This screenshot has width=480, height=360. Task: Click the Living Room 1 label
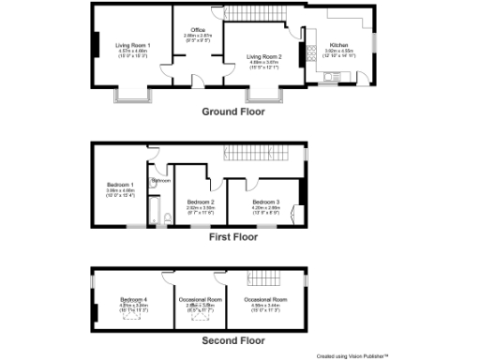[x=132, y=45]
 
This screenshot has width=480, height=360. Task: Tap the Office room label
[x=198, y=31]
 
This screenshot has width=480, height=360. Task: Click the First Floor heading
[x=233, y=237]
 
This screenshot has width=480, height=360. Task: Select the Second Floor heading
[x=233, y=340]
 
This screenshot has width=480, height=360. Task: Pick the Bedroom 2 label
[x=201, y=202]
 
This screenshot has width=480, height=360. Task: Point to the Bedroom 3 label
[x=266, y=202]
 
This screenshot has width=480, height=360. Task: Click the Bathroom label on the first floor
[x=161, y=179]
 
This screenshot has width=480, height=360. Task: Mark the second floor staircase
[x=259, y=277]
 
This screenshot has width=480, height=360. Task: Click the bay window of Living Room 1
[x=128, y=94]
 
